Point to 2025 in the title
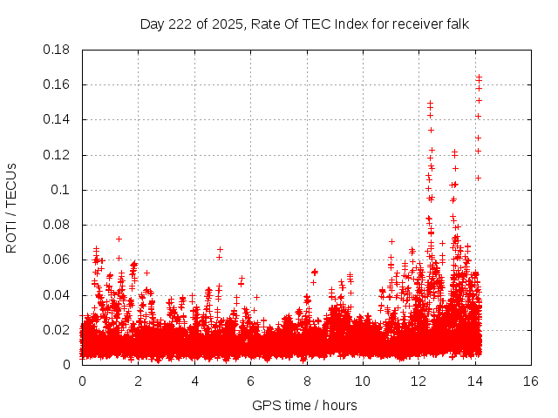[226, 24]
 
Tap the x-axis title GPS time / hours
[304, 405]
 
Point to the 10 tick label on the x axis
[363, 381]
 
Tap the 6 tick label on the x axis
[250, 381]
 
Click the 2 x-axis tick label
[139, 381]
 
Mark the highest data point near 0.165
[479, 77]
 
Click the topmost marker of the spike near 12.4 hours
[430, 103]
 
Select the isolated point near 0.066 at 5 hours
[220, 249]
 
